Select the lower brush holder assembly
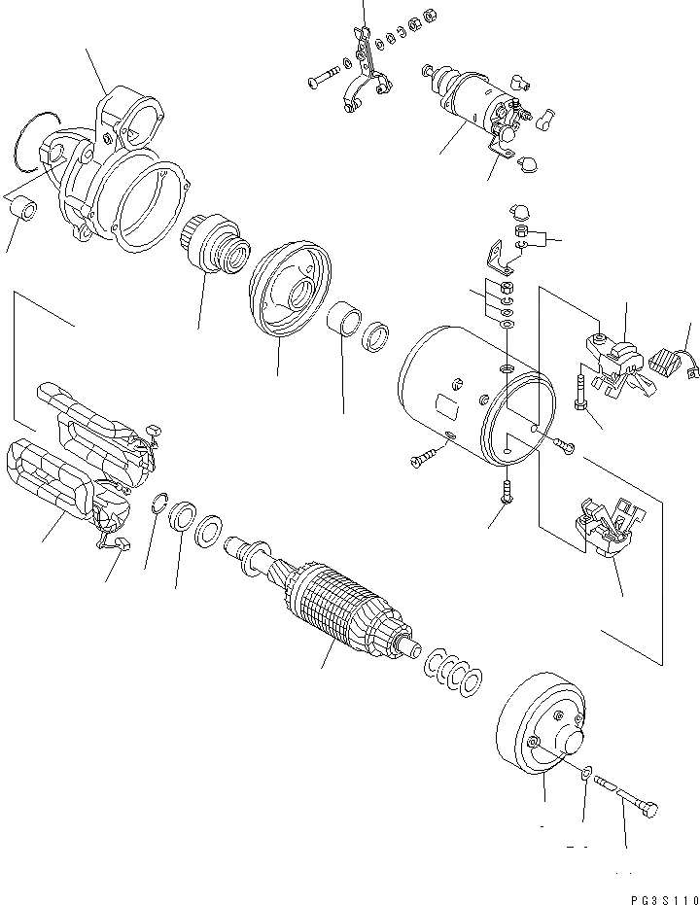(x=604, y=530)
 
